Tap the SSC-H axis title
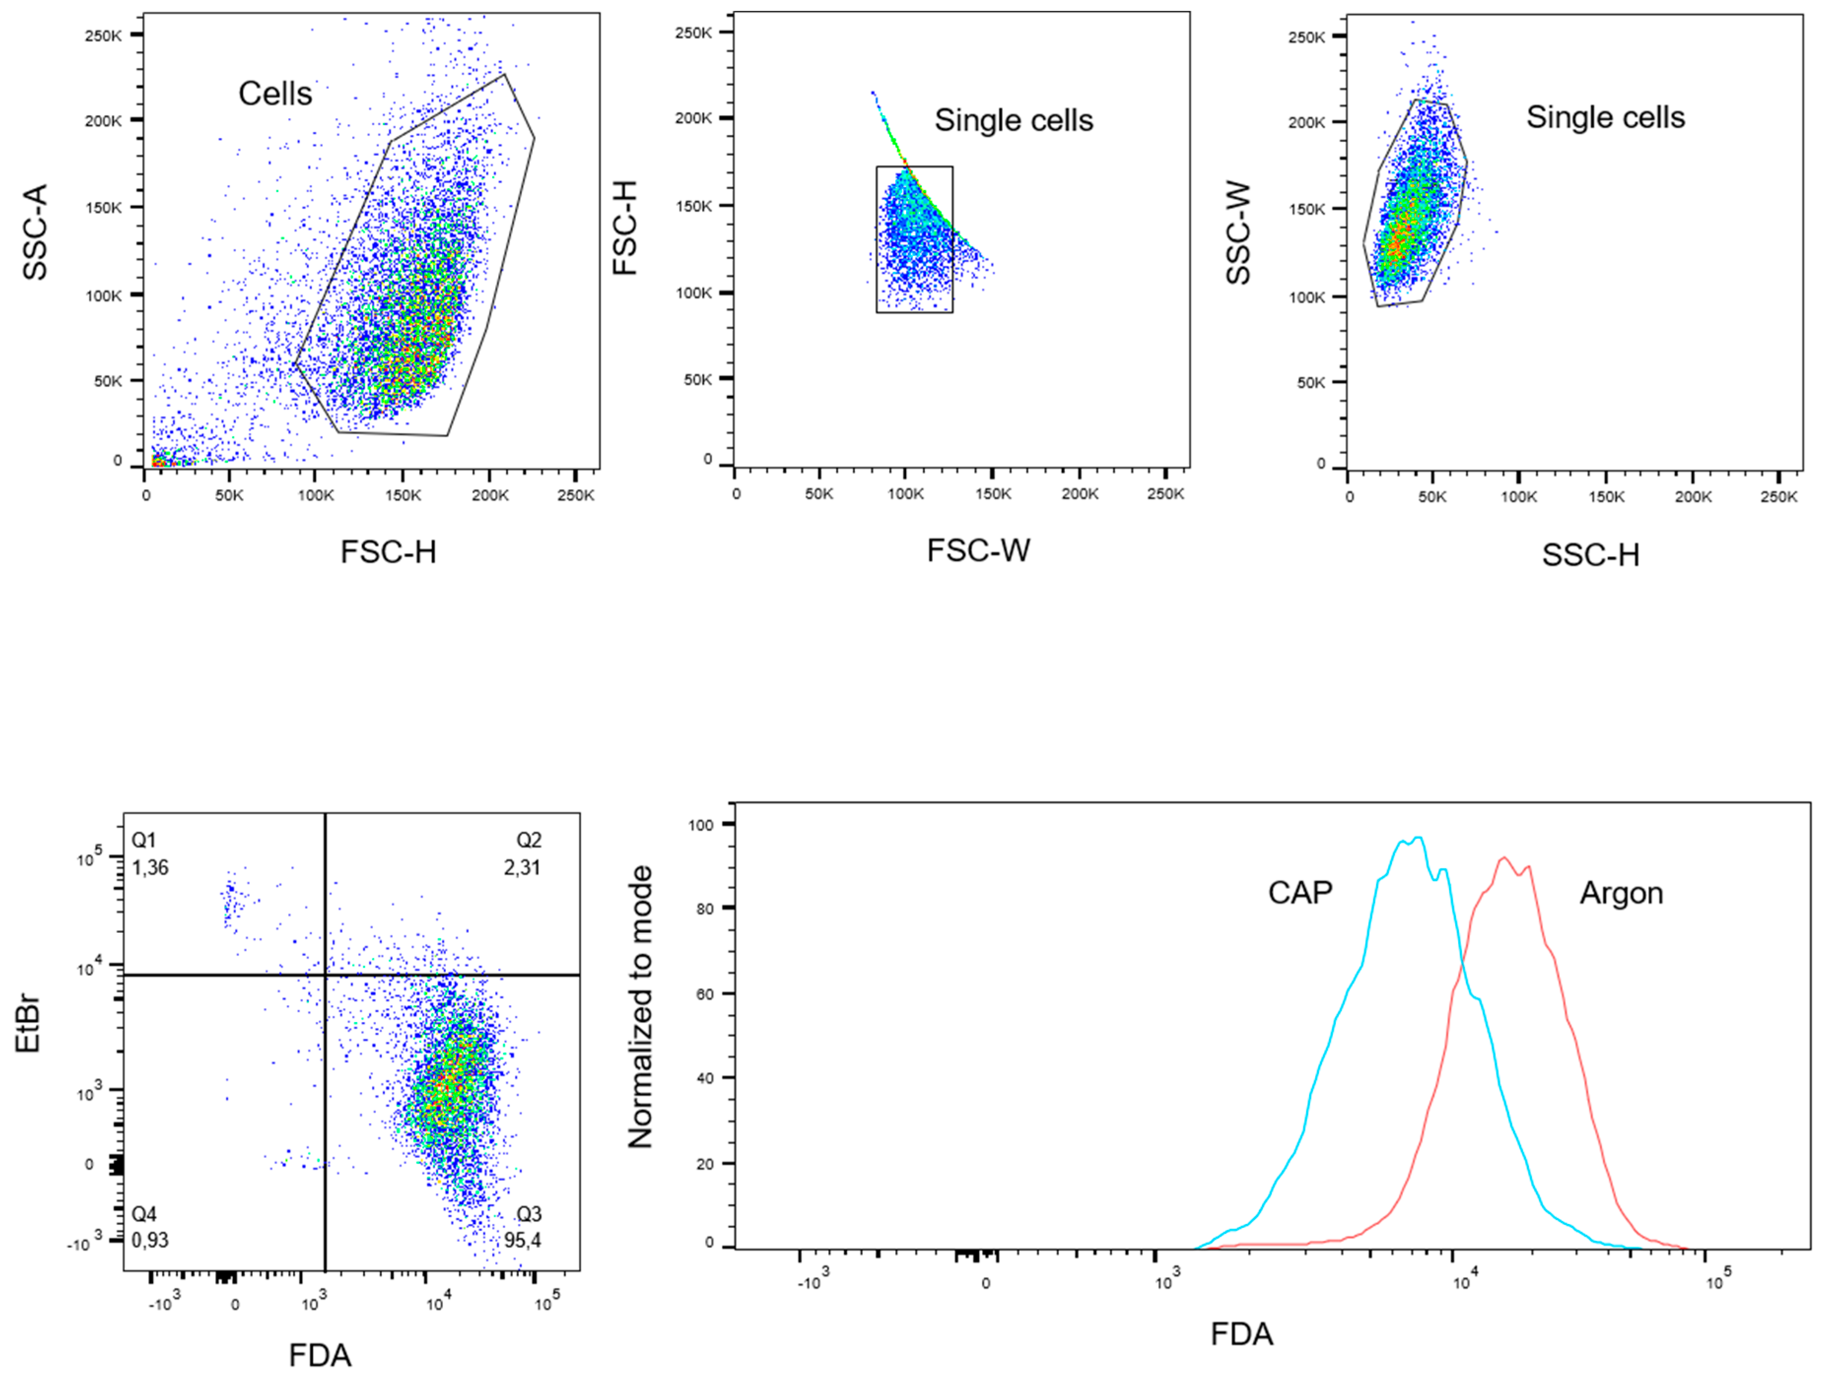pyautogui.click(x=1590, y=555)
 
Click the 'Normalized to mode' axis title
pyautogui.click(x=640, y=1007)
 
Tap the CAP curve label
pyautogui.click(x=1300, y=892)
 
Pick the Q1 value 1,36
pyautogui.click(x=150, y=867)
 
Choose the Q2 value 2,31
pyautogui.click(x=522, y=867)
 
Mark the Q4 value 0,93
pyautogui.click(x=150, y=1240)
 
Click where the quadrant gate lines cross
pyautogui.click(x=325, y=975)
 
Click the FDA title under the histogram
pyautogui.click(x=1242, y=1334)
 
